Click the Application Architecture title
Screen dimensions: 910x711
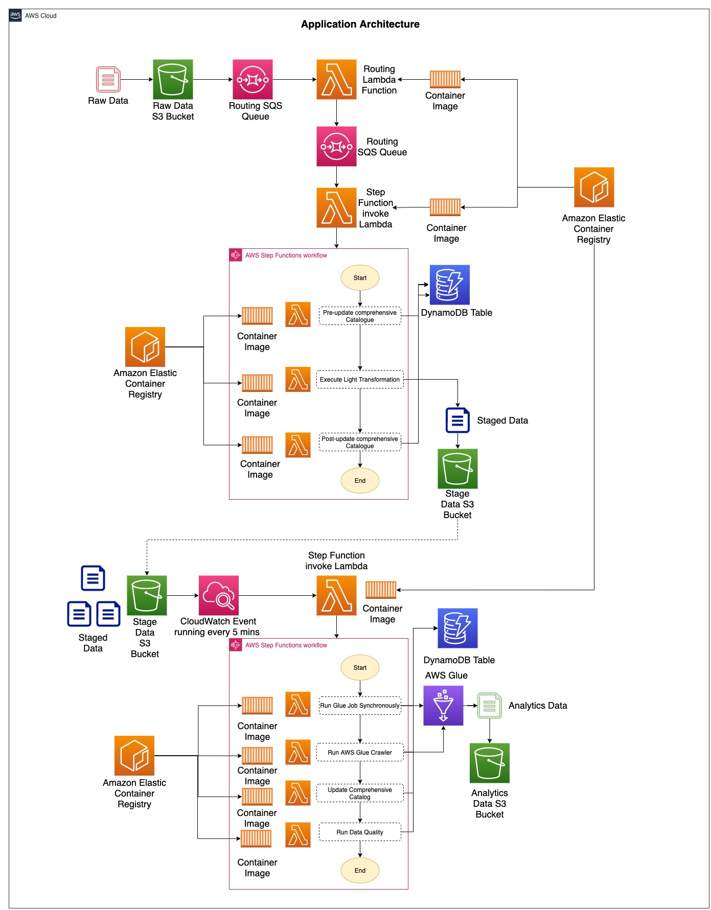[x=360, y=24]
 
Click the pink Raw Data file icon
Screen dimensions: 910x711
[x=108, y=80]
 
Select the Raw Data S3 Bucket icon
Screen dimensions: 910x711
[x=173, y=79]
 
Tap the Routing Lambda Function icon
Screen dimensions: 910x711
[x=336, y=79]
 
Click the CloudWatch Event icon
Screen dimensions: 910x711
[x=218, y=595]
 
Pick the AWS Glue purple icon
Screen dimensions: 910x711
[x=443, y=705]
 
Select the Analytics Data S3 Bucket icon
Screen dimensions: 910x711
[x=489, y=762]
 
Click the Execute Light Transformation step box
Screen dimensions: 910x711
[x=359, y=379]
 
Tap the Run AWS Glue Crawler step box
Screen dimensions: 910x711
[x=359, y=752]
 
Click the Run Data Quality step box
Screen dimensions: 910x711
[x=359, y=832]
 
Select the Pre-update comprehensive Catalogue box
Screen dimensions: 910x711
[x=359, y=316]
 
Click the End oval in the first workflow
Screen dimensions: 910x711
[x=359, y=480]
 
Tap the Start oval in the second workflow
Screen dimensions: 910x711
[x=359, y=667]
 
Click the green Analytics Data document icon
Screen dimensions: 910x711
[x=489, y=706]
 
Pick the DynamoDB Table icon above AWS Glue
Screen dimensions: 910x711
[x=457, y=628]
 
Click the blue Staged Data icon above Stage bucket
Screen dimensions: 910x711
[x=457, y=420]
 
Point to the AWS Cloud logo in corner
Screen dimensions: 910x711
[x=15, y=15]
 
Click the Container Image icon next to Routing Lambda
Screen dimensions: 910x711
[x=445, y=79]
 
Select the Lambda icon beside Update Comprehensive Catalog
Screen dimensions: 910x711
[x=298, y=792]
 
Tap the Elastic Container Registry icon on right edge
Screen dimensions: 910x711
[x=593, y=187]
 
